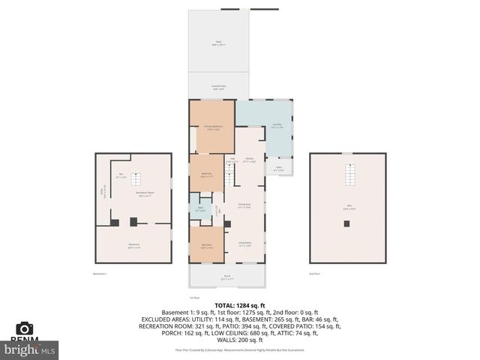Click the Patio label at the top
click(x=218, y=43)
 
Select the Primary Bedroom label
click(x=212, y=127)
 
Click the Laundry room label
click(x=276, y=127)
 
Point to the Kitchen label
click(x=250, y=160)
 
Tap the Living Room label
click(x=244, y=244)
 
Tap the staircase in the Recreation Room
click(x=136, y=179)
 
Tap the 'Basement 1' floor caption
click(x=100, y=274)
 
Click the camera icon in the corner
click(x=25, y=328)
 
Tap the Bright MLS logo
click(x=30, y=349)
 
